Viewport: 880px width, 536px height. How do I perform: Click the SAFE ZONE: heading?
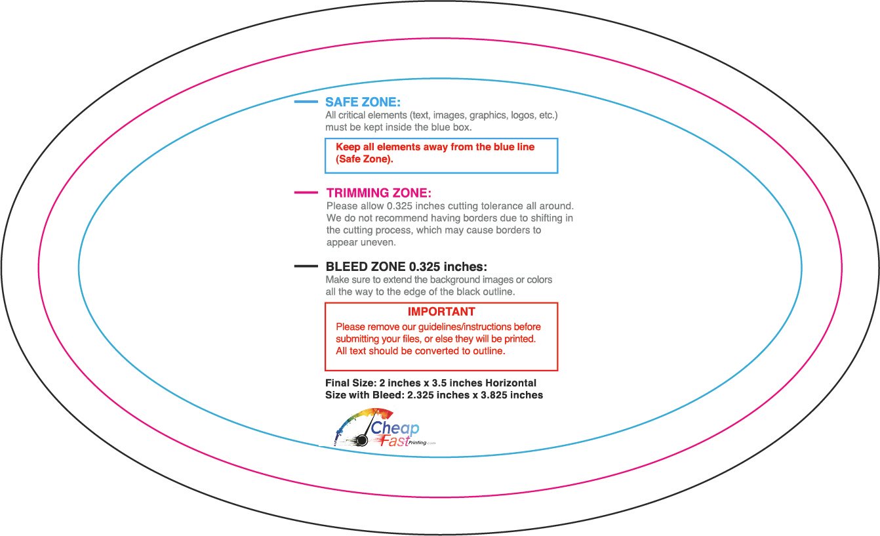363,102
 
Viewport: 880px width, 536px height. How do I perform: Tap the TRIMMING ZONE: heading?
379,193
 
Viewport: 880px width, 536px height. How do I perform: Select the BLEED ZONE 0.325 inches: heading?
406,267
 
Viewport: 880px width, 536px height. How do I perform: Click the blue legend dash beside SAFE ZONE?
306,102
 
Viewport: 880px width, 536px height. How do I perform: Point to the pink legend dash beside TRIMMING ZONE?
306,192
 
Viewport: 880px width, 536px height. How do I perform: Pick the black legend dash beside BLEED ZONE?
306,266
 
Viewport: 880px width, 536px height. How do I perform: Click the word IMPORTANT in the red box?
441,312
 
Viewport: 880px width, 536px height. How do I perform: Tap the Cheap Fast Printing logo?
384,428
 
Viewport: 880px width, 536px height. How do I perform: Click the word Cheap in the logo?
395,428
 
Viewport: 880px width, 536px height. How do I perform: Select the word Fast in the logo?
394,442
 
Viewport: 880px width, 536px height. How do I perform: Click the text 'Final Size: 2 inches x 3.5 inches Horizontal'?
431,383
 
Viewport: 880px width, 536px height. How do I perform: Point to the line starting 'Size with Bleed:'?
434,396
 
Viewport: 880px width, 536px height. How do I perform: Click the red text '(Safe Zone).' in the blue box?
364,159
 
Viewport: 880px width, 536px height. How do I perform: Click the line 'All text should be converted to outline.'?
420,351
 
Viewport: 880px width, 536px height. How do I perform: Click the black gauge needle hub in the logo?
362,440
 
